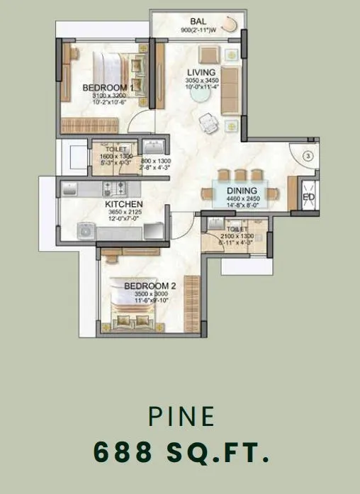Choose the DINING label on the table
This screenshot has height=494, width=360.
242,191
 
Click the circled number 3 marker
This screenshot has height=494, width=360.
309,155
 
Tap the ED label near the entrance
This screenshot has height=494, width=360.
309,197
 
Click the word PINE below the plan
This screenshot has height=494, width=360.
181,417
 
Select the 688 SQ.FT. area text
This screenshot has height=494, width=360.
181,451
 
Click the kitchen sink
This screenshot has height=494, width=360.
71,188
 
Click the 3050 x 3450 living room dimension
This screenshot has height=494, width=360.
201,82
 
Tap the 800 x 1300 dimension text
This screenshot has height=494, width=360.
157,162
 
